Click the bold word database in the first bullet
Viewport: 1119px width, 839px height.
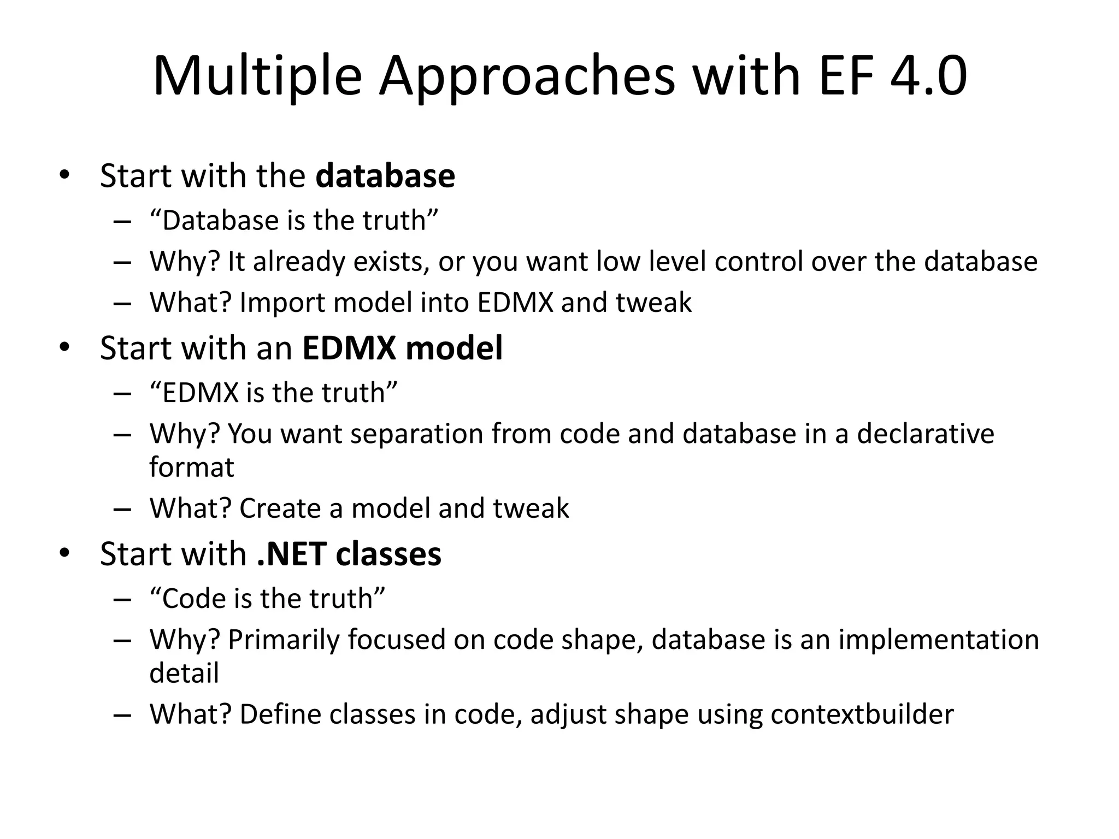[x=385, y=176]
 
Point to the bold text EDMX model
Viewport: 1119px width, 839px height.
[x=402, y=348]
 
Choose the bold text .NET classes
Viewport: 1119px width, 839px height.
[x=349, y=554]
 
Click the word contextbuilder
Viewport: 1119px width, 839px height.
[x=862, y=714]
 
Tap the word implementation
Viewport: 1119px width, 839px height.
[x=938, y=640]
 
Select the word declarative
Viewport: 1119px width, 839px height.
[x=926, y=434]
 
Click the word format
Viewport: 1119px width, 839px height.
[x=192, y=468]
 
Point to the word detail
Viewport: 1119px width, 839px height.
[x=184, y=673]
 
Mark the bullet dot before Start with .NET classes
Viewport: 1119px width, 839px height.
[x=64, y=553]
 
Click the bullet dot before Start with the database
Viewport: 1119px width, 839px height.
[x=64, y=175]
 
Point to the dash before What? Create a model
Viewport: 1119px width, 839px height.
[x=122, y=509]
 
